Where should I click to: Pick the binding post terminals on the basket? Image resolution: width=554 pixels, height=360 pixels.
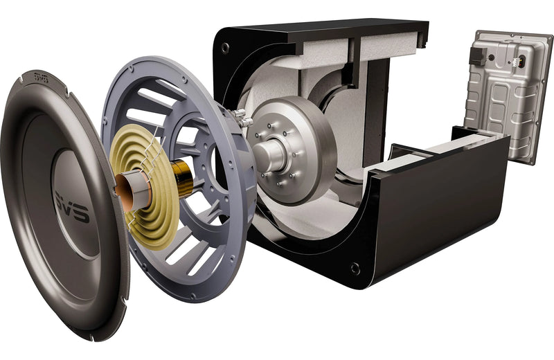tap(242, 118)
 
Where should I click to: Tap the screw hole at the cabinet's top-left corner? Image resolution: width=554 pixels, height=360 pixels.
tap(226, 48)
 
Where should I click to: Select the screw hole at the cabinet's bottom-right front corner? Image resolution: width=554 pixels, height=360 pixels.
tap(355, 267)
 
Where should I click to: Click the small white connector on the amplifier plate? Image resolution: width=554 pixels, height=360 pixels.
tap(521, 61)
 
